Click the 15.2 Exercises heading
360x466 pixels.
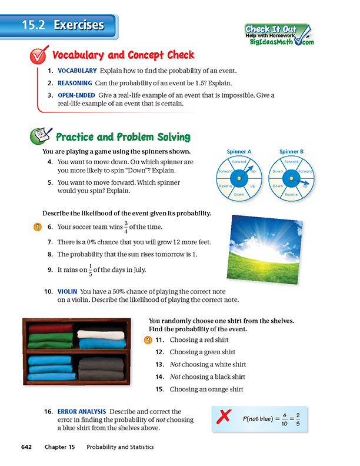(x=63, y=25)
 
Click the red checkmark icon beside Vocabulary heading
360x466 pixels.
(x=39, y=56)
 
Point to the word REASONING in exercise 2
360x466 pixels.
(x=75, y=82)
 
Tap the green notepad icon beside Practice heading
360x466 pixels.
(x=39, y=137)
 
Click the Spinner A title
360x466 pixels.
(x=239, y=152)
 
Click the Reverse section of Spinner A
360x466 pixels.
(x=225, y=185)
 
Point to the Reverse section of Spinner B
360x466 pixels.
(x=291, y=194)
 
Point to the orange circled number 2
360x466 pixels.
(x=148, y=339)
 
